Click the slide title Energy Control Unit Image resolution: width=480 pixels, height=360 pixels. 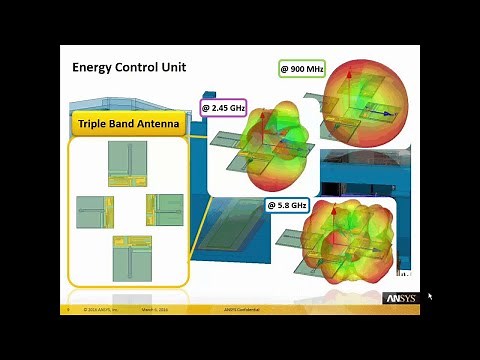click(x=129, y=68)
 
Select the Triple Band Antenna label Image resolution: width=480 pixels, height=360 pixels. click(x=127, y=124)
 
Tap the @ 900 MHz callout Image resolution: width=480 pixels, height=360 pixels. click(x=301, y=69)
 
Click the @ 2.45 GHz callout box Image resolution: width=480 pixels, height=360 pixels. click(x=223, y=107)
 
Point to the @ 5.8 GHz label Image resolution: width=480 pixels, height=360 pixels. click(x=287, y=205)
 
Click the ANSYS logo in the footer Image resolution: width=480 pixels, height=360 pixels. click(x=400, y=298)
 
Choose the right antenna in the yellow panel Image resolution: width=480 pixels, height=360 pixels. click(x=164, y=211)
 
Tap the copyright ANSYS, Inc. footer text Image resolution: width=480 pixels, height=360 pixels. click(x=100, y=310)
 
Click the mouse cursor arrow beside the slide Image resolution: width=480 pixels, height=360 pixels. click(x=430, y=296)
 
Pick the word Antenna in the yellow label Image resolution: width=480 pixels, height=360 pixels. click(x=157, y=124)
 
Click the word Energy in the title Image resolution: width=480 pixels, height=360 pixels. click(x=92, y=68)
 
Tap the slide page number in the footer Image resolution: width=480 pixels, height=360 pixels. click(x=66, y=310)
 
